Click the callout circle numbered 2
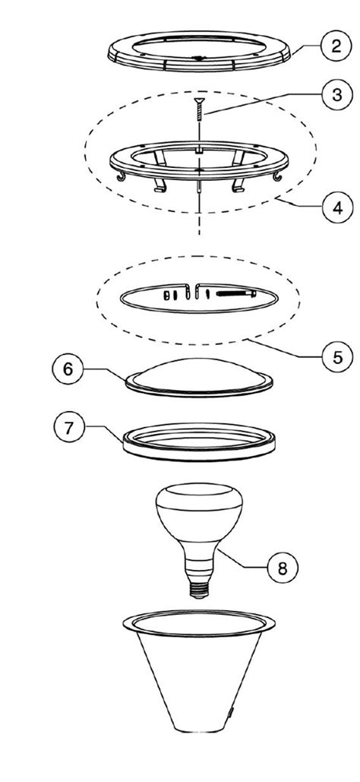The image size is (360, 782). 337,47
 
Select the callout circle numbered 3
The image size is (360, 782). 337,94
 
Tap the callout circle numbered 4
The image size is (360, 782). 337,207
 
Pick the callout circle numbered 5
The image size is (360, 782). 337,357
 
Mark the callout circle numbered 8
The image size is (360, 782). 283,568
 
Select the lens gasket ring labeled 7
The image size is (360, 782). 199,451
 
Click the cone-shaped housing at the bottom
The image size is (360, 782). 199,668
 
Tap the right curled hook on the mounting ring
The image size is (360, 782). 278,176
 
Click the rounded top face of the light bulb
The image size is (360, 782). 199,494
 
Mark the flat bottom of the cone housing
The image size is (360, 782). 199,729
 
